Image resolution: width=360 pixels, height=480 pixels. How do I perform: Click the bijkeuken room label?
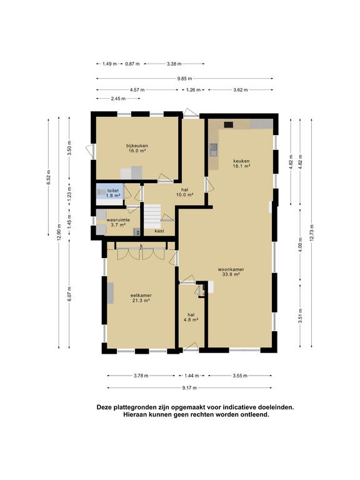(x=137, y=148)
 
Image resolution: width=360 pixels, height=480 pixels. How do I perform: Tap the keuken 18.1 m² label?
(x=241, y=164)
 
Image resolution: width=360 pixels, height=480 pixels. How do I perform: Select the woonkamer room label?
(x=231, y=272)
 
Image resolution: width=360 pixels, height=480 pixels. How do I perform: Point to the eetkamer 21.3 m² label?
(x=141, y=298)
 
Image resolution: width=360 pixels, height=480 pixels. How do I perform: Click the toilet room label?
(x=113, y=193)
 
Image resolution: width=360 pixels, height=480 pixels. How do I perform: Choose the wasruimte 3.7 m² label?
(x=118, y=222)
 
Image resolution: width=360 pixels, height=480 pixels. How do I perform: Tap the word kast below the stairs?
(x=159, y=231)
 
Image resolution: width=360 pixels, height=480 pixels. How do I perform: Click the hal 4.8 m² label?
(x=191, y=317)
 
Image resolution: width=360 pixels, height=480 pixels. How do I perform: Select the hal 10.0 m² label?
(x=184, y=192)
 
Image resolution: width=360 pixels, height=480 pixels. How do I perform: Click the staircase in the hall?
(x=152, y=216)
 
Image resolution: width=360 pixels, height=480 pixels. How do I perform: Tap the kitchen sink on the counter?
(x=213, y=150)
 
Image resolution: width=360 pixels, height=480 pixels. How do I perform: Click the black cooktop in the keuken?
(x=228, y=124)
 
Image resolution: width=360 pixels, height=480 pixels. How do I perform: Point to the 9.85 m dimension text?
(x=184, y=79)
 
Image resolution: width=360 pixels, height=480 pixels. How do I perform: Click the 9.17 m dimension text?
(x=189, y=388)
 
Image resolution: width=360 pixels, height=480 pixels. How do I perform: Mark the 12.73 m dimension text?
(x=312, y=233)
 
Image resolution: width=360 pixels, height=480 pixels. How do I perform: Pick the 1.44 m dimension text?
(x=192, y=376)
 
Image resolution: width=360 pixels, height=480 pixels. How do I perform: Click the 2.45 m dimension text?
(x=118, y=99)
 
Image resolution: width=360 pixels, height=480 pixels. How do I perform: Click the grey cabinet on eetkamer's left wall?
(x=110, y=293)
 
